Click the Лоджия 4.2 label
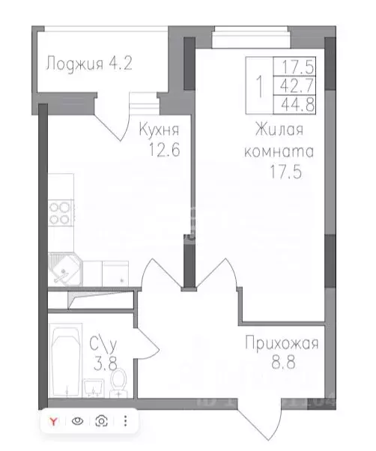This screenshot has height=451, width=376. [89, 63]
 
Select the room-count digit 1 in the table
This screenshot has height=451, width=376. [259, 85]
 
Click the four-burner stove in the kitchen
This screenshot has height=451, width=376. [60, 214]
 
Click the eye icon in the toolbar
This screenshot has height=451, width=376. [76, 421]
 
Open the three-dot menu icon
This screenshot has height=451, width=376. [124, 421]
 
